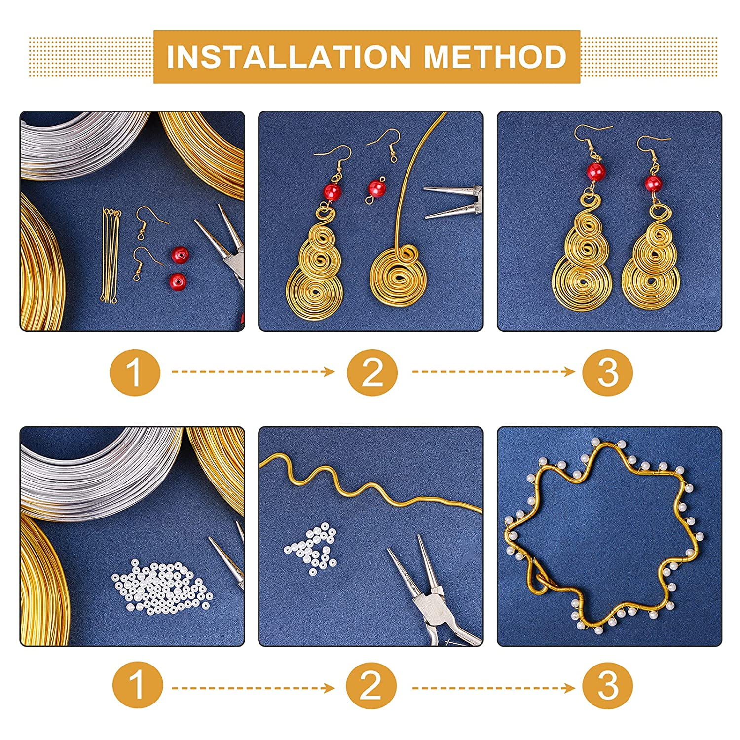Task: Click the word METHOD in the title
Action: [x=495, y=57]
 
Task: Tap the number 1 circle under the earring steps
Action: [x=135, y=371]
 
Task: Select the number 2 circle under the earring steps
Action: [x=372, y=371]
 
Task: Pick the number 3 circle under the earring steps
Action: [x=607, y=371]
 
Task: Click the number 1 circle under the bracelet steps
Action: [x=137, y=686]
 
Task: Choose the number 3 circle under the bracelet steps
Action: [x=607, y=686]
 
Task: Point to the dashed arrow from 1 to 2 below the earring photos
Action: [x=253, y=371]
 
